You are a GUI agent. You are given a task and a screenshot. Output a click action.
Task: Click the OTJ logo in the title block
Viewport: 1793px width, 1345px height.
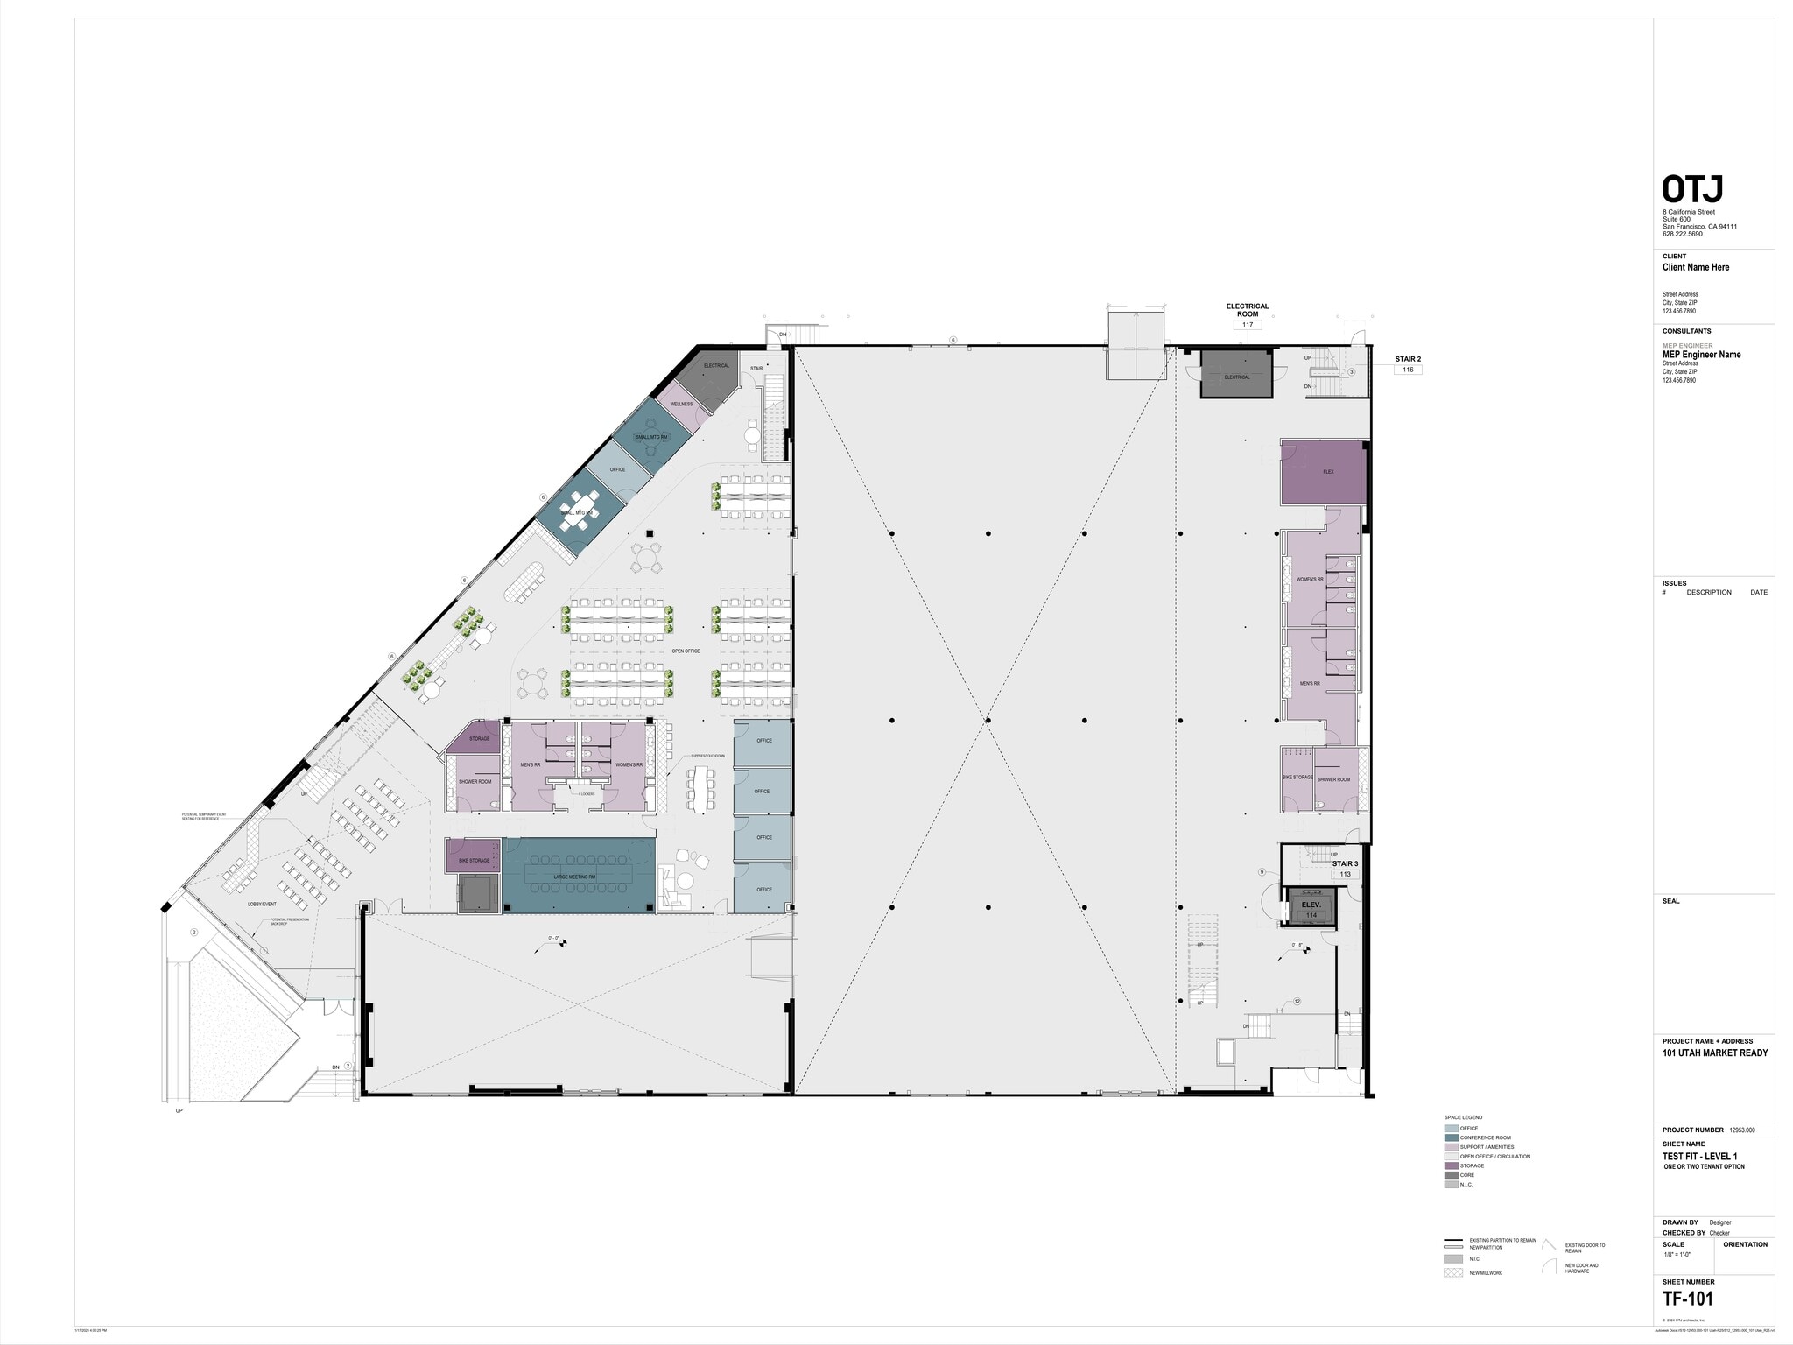pyautogui.click(x=1693, y=190)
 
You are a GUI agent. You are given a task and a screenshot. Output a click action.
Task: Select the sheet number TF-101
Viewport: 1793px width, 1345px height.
pyautogui.click(x=1688, y=1299)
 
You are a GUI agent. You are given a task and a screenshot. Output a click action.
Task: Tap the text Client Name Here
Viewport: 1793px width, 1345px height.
pyautogui.click(x=1696, y=268)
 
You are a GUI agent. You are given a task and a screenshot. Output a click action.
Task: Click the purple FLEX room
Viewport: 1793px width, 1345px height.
pyautogui.click(x=1323, y=472)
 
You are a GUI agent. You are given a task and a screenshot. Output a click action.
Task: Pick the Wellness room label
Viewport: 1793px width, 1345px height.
pyautogui.click(x=682, y=405)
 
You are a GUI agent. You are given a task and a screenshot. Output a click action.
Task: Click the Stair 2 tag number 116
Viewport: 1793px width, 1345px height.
pyautogui.click(x=1409, y=370)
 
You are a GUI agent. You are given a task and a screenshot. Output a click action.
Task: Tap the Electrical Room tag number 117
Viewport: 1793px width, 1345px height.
pyautogui.click(x=1248, y=325)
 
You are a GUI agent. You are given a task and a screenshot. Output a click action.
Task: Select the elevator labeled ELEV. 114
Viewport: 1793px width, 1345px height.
pyautogui.click(x=1311, y=907)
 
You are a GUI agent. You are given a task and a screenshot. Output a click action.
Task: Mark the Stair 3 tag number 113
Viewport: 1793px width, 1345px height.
pyautogui.click(x=1346, y=874)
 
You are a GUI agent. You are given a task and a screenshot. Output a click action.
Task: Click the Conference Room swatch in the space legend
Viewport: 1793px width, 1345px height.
pyautogui.click(x=1451, y=1137)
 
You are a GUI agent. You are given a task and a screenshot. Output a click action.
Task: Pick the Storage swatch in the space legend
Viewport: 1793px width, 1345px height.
pyautogui.click(x=1451, y=1165)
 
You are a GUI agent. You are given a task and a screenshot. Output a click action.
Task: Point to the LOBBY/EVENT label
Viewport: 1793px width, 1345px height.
pyautogui.click(x=262, y=904)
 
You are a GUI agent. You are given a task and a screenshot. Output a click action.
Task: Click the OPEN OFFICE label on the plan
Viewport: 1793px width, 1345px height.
pyautogui.click(x=686, y=651)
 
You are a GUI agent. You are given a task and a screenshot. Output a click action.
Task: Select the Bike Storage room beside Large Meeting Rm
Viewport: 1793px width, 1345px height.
pyautogui.click(x=474, y=860)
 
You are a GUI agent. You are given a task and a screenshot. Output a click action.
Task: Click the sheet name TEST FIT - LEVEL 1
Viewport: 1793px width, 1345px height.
pyautogui.click(x=1700, y=1157)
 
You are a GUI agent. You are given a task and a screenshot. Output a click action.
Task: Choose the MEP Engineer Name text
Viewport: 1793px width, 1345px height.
pyautogui.click(x=1701, y=355)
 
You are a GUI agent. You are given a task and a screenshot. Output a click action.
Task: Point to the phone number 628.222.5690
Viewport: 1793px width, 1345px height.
pyautogui.click(x=1683, y=234)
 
